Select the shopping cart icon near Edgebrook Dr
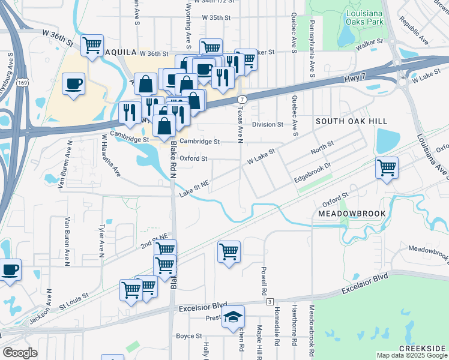coord(387,167)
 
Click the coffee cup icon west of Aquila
coord(74,84)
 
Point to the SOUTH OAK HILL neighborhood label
coord(352,122)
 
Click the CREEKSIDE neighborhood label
coord(423,349)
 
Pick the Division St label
coord(267,125)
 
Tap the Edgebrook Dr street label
coord(313,173)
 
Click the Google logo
coord(20,353)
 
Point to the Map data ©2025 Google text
coord(411,355)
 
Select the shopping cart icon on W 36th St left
coord(92,45)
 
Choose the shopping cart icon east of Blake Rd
coord(229,252)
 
